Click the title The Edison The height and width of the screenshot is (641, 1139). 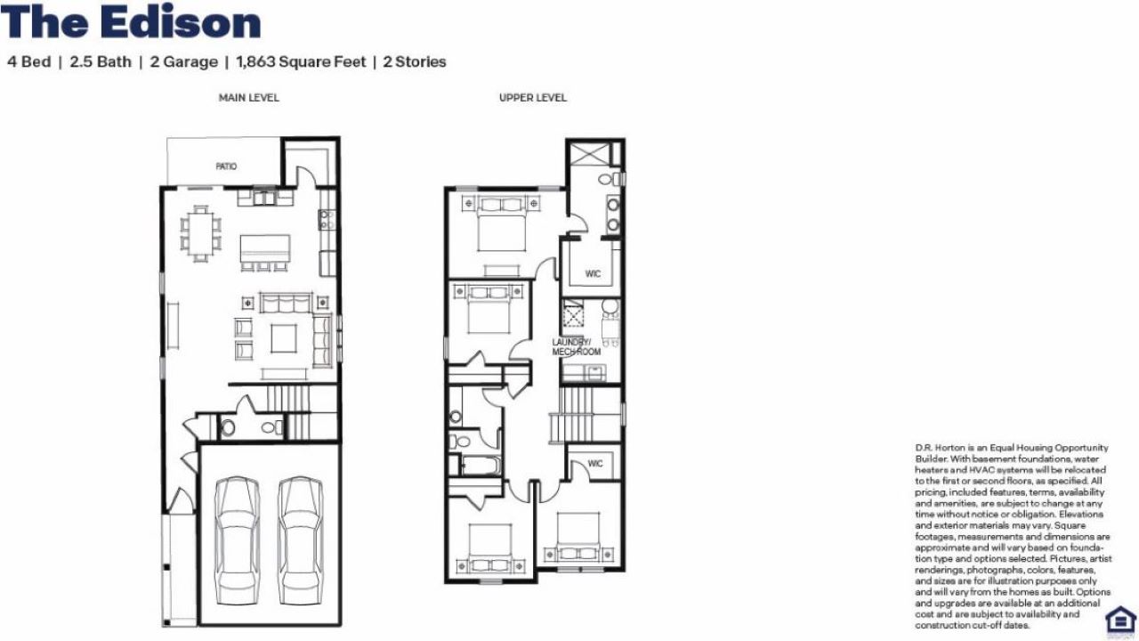pos(131,23)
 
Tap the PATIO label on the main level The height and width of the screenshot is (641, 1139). pos(226,166)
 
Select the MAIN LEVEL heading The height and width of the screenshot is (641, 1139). pos(248,98)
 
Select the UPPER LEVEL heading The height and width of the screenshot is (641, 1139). pos(533,98)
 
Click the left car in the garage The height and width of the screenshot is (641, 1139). pos(238,540)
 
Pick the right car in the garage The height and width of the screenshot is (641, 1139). pos(301,540)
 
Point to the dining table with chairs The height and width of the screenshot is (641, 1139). pos(201,234)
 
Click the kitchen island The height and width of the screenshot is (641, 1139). pos(265,248)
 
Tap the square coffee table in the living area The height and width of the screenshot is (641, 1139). pos(284,338)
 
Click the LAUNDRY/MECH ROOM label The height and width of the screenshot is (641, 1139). pos(576,346)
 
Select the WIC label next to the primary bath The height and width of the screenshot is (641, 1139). pos(593,273)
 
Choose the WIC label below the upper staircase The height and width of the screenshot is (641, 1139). pos(595,464)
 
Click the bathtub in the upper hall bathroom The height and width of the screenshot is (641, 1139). pos(481,466)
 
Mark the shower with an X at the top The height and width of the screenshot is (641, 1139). pos(589,154)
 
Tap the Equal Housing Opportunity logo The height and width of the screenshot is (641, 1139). pos(1120,621)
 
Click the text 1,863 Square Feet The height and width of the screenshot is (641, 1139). pos(301,62)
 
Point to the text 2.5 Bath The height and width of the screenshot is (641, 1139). pos(101,62)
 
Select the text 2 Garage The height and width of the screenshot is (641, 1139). pos(184,62)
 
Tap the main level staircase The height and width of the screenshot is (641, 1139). pos(302,412)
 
